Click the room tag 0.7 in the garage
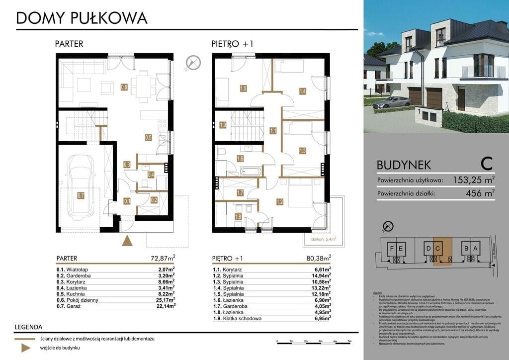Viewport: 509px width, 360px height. click(81, 196)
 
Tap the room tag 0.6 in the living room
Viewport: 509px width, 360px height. click(124, 88)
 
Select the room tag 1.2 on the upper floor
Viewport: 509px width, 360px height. click(279, 201)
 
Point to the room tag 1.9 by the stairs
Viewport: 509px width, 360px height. click(223, 125)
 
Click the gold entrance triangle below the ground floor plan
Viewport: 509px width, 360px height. click(128, 241)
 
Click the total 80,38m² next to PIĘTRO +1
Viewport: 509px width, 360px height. click(319, 258)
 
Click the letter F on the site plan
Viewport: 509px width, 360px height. click(393, 248)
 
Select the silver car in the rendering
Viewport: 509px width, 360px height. click(394, 102)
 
